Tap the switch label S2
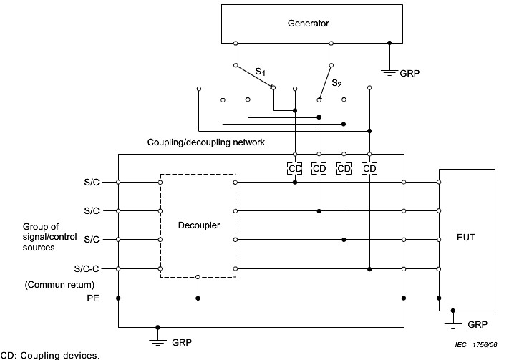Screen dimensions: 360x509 [336, 84]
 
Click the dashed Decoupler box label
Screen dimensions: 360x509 [198, 225]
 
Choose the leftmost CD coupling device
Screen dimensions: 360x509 [295, 168]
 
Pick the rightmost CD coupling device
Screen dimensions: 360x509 [369, 168]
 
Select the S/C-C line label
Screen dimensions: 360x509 [89, 268]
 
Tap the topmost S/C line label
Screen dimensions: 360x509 [92, 182]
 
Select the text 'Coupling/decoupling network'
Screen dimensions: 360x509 [205, 142]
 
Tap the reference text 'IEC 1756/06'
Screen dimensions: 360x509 [475, 344]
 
